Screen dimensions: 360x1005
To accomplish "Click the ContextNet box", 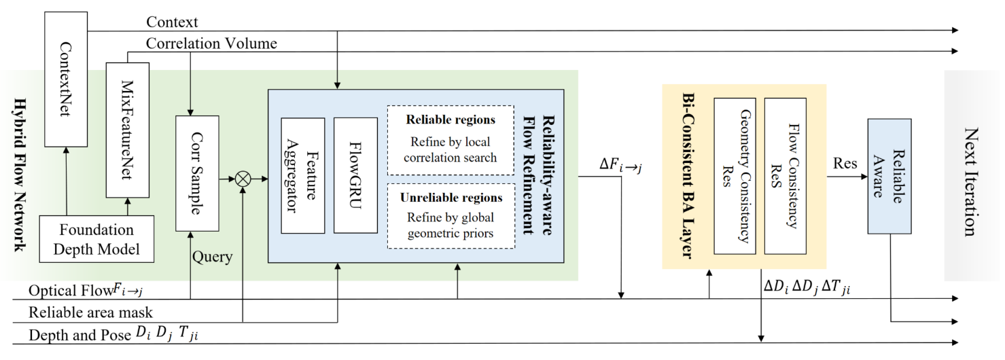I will click(66, 78).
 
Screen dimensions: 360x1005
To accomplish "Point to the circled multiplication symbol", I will click(243, 180).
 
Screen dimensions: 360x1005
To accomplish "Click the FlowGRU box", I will click(355, 175).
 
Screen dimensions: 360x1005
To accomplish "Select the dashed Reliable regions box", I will click(451, 140).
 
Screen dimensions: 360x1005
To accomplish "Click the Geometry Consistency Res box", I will click(734, 175).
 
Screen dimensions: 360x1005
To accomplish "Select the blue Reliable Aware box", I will click(889, 175).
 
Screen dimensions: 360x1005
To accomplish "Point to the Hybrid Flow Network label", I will click(18, 175).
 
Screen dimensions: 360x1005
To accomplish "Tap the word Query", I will click(213, 257).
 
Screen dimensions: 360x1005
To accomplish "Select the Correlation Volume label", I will click(211, 43).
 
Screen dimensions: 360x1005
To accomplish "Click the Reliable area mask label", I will click(90, 313).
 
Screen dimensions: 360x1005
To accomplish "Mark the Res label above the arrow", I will click(846, 164).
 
